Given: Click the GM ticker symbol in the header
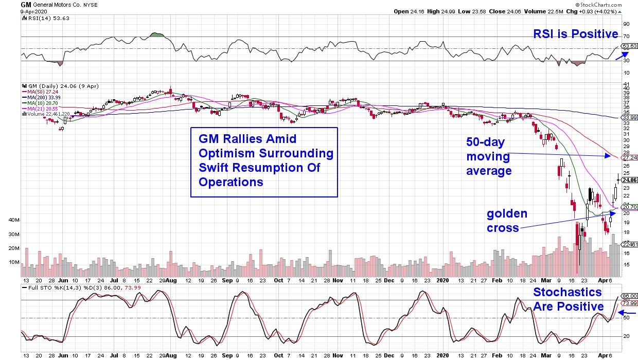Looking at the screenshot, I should [25, 4].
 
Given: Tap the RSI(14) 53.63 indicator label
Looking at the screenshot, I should [41, 19].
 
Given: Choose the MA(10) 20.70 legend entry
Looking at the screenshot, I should [39, 102].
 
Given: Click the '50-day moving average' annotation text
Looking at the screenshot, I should [489, 156].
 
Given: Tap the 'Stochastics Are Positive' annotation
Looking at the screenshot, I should [568, 299].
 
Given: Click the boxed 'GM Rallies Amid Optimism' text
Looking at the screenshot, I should [263, 160].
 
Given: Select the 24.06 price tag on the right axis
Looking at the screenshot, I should [629, 180].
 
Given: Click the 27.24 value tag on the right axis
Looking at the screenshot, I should [630, 158].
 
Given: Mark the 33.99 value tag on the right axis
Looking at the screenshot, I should [630, 118].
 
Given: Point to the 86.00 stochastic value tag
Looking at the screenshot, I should [630, 296].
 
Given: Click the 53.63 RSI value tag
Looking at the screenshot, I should [630, 46].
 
